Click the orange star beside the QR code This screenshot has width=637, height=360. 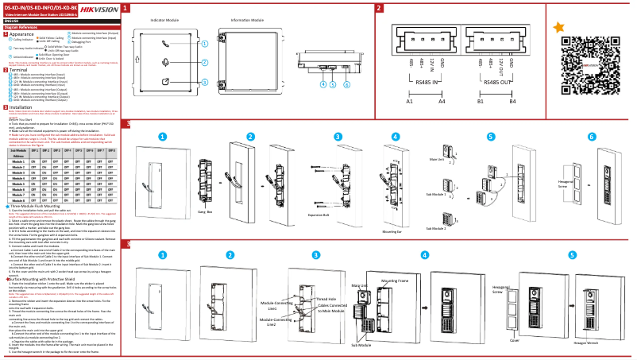(x=560, y=27)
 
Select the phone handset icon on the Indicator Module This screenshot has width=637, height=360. (x=164, y=44)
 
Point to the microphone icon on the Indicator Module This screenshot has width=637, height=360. (x=164, y=62)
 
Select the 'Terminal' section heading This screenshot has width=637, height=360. (x=19, y=70)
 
